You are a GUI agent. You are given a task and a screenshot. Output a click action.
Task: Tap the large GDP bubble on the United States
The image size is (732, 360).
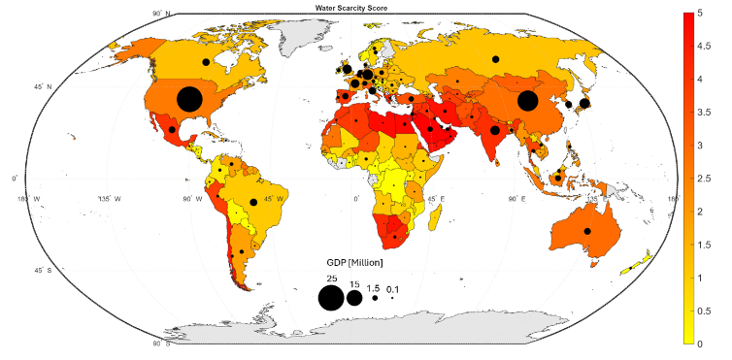click(189, 99)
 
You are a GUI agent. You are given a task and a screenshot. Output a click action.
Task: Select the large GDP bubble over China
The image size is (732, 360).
click(528, 101)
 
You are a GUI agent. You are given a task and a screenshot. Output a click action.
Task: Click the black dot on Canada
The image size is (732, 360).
click(206, 62)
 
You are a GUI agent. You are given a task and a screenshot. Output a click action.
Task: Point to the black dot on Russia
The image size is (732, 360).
click(495, 59)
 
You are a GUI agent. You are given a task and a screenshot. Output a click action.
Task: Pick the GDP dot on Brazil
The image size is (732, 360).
click(253, 202)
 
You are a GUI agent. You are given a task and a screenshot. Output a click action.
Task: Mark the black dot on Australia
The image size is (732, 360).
click(587, 231)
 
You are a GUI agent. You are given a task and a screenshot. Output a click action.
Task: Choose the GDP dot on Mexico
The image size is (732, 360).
click(172, 130)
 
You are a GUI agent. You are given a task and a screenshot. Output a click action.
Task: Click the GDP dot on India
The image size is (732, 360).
click(494, 130)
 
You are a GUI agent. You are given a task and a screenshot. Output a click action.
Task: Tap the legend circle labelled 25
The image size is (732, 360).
click(330, 298)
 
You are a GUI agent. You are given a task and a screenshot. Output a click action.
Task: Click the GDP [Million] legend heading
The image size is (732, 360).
click(354, 263)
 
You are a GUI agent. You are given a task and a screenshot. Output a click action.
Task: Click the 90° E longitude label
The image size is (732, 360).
click(517, 199)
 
